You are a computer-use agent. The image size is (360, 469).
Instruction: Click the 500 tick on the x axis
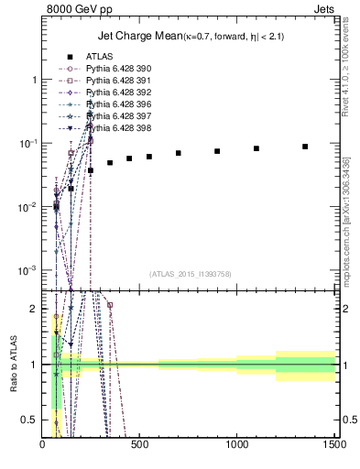click(x=140, y=446)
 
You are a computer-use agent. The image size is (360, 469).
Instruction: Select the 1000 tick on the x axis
click(x=237, y=446)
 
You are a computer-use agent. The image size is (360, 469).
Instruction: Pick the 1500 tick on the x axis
click(x=334, y=446)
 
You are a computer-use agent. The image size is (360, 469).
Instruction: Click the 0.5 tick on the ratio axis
click(x=32, y=420)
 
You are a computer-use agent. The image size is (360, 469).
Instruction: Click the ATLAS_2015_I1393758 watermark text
click(x=190, y=273)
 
